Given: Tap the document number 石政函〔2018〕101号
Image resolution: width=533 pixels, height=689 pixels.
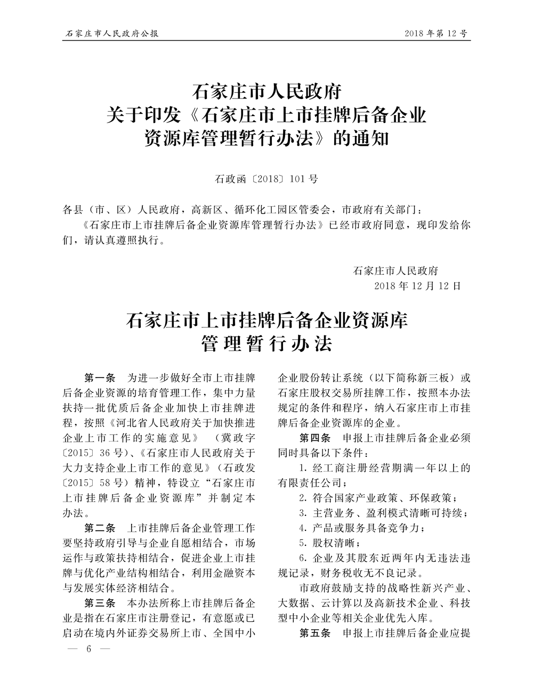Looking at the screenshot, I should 266,179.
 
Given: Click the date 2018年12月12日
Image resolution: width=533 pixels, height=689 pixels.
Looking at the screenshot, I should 417,285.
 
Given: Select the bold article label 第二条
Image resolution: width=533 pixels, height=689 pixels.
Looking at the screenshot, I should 100,529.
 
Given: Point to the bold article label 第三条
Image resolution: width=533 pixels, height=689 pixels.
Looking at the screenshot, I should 100,604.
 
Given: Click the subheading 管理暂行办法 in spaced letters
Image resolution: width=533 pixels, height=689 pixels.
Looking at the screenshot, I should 266,344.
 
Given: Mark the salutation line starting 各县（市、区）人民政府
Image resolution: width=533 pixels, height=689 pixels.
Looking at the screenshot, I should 245,209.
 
